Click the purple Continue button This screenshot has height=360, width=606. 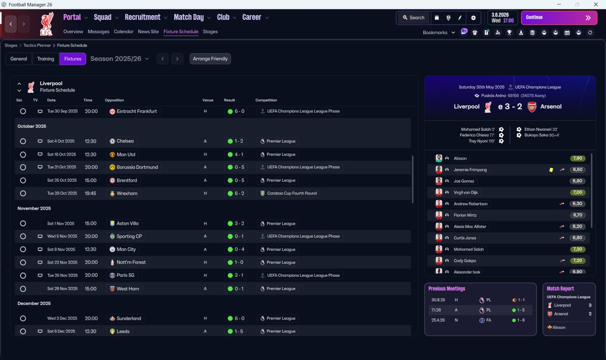click(x=559, y=18)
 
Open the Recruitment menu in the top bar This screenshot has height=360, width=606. click(x=146, y=18)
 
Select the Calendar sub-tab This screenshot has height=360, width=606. click(x=124, y=32)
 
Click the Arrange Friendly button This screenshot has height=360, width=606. click(x=210, y=59)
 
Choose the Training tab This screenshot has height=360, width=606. click(x=45, y=59)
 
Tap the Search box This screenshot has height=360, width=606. click(x=413, y=18)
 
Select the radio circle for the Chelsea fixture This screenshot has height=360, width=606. click(x=23, y=141)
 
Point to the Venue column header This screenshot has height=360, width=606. click(x=208, y=100)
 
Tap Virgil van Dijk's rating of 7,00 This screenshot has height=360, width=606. click(x=577, y=192)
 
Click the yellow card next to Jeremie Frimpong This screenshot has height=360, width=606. click(x=551, y=170)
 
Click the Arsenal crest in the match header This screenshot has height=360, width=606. click(x=532, y=107)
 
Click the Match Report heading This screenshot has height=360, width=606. click(x=560, y=288)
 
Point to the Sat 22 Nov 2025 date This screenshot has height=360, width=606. click(x=62, y=262)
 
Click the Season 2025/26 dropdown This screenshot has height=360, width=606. click(x=119, y=59)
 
